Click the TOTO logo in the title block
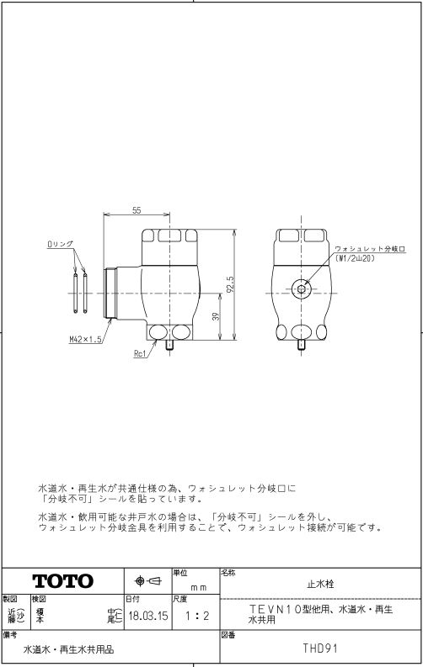[x=63, y=580]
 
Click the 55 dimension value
[x=137, y=210]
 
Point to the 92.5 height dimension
[x=230, y=285]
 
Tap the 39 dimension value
[x=216, y=316]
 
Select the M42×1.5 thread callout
[x=86, y=339]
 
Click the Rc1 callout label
[x=140, y=353]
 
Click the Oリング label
[x=60, y=244]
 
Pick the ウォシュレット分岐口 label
[x=369, y=249]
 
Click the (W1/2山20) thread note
[x=355, y=258]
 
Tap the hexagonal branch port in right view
[x=301, y=289]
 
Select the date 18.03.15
[x=148, y=616]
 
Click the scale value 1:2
[x=197, y=616]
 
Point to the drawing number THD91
[x=320, y=648]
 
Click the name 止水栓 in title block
[x=320, y=584]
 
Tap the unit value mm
[x=199, y=587]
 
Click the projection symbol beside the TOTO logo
[x=147, y=580]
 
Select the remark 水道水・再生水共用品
[x=68, y=649]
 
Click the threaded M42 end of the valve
[x=110, y=293]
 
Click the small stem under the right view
[x=301, y=345]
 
